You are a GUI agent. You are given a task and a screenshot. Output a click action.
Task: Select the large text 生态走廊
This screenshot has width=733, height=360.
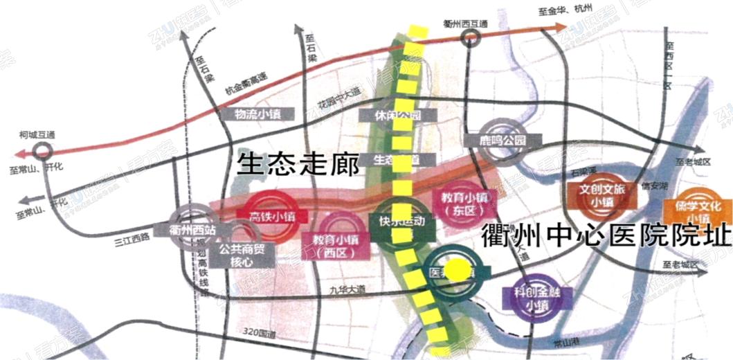(298, 165)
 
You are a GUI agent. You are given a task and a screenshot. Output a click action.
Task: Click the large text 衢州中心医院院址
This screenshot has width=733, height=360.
(606, 237)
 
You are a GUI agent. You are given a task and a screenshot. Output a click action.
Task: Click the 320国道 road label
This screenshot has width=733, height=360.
(260, 335)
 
